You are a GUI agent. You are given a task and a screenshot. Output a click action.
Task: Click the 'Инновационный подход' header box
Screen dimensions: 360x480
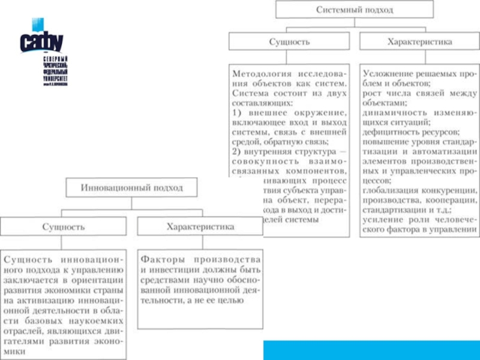pyautogui.click(x=131, y=187)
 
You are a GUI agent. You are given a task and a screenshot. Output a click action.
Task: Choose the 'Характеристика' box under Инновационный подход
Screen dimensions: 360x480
pyautogui.click(x=200, y=226)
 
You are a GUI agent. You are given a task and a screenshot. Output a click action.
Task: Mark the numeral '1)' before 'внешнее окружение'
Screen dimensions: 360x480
pyautogui.click(x=237, y=113)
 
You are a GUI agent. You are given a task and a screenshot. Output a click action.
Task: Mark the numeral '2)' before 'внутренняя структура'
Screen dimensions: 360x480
pyautogui.click(x=237, y=151)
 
